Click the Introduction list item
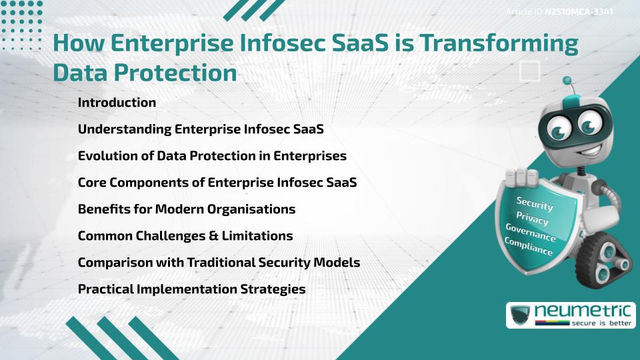pos(117,103)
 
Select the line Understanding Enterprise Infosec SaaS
pos(201,129)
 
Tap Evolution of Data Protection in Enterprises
pos(212,156)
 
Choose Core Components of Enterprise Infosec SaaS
pos(217,183)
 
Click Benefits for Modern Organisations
pos(187,209)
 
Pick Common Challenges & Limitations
pos(185,236)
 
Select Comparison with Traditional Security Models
pos(219,263)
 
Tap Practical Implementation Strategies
pos(192,289)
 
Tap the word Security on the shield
pos(535,203)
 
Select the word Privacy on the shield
pos(533,219)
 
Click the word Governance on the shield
pos(531,233)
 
